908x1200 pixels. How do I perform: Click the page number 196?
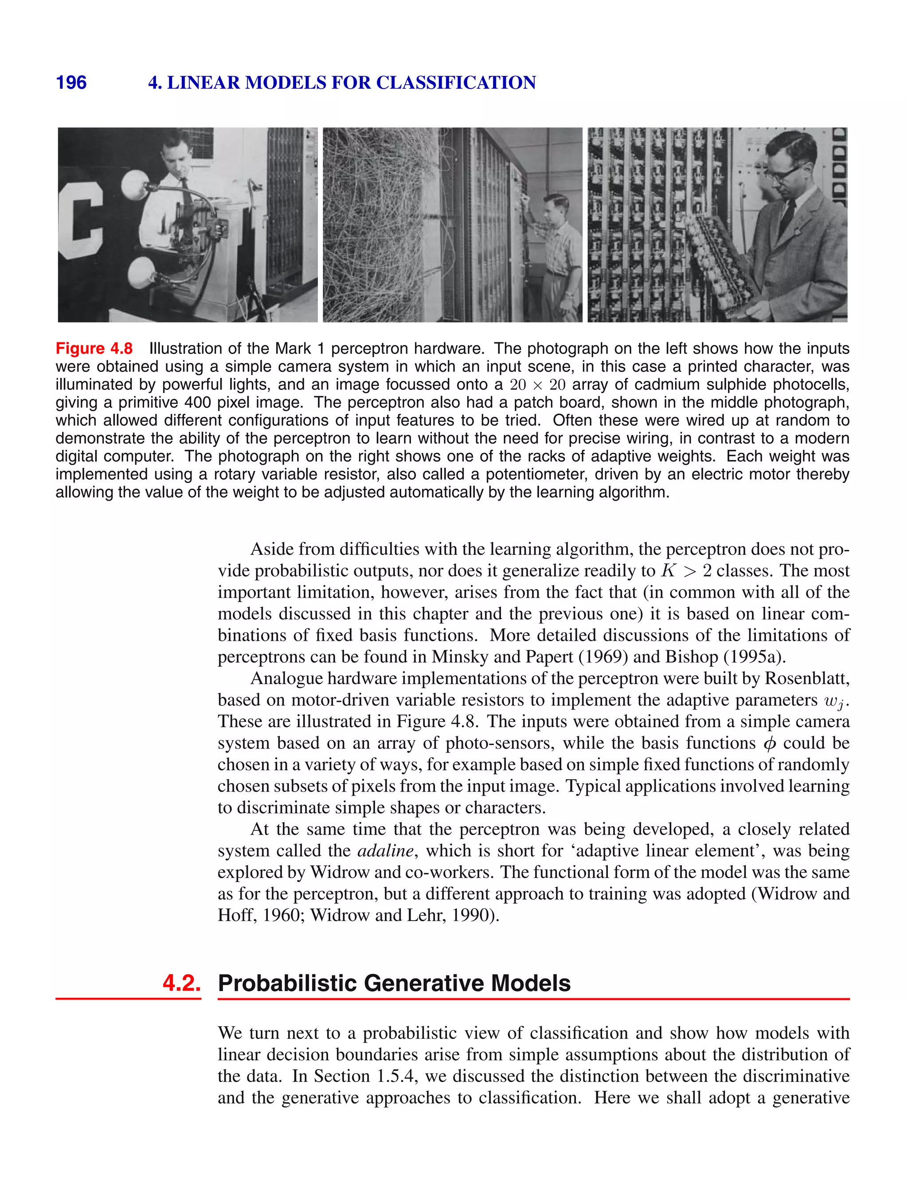click(x=71, y=82)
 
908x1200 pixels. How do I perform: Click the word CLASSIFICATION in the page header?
click(x=456, y=82)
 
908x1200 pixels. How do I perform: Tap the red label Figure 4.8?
click(x=94, y=348)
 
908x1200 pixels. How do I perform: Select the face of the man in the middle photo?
click(x=557, y=209)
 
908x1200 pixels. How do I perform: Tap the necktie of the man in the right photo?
click(x=787, y=214)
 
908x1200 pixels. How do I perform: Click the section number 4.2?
click(x=182, y=983)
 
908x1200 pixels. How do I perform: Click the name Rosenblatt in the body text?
click(x=807, y=678)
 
